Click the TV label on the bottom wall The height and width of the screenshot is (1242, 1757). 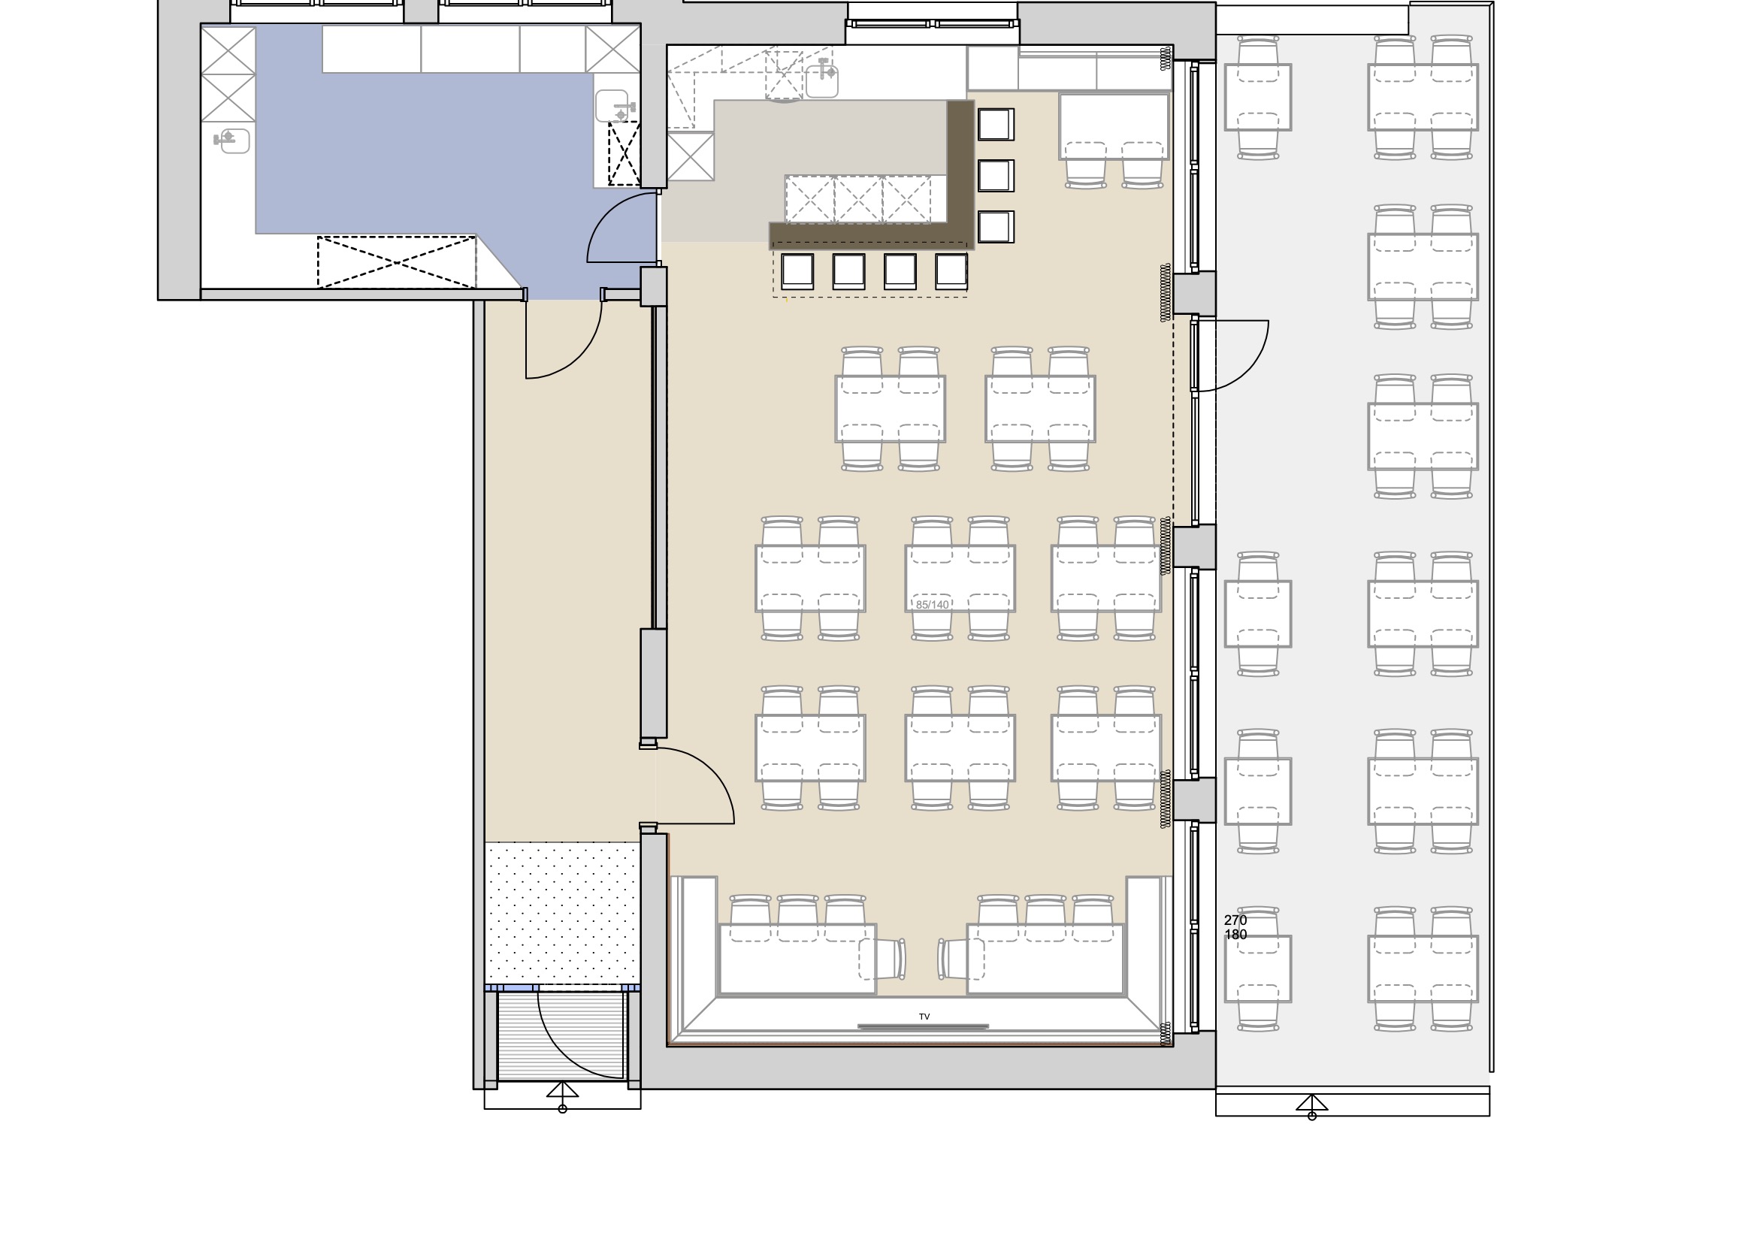pos(924,1017)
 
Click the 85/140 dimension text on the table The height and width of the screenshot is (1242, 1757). pos(932,605)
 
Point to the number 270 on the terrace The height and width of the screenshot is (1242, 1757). pos(1235,920)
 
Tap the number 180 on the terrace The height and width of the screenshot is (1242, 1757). pos(1235,935)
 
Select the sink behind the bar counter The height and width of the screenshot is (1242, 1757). pos(822,80)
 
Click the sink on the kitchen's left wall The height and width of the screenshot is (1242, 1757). pos(232,140)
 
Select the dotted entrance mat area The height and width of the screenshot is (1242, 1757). pos(562,912)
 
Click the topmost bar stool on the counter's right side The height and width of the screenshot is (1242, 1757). pos(995,124)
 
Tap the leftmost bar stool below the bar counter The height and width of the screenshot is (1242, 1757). pos(797,272)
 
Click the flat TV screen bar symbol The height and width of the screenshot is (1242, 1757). pos(923,1026)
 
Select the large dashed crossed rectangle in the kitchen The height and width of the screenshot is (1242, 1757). pos(396,262)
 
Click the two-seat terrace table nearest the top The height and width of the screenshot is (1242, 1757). pos(1258,97)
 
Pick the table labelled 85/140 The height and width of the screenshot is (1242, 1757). pos(960,579)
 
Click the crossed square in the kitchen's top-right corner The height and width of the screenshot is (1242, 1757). pos(612,49)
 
